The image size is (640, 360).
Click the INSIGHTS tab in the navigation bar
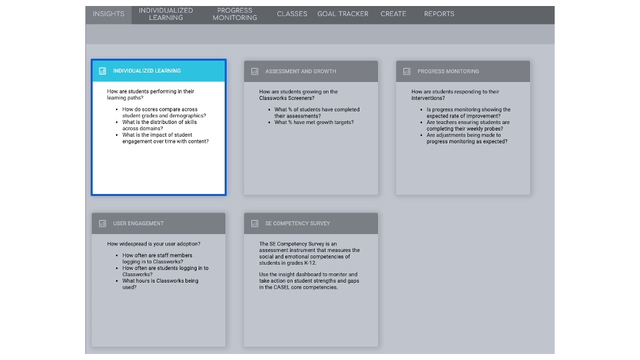(x=108, y=14)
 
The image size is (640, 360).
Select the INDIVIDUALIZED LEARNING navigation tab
(x=166, y=14)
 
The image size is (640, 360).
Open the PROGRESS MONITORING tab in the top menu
(x=235, y=14)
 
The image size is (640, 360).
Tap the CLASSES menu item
(x=292, y=14)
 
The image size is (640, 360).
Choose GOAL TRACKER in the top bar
(x=343, y=14)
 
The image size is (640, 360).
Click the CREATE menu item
(x=393, y=14)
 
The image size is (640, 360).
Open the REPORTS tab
(x=439, y=14)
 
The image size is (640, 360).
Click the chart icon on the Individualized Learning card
(x=103, y=71)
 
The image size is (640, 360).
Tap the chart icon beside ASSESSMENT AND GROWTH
(x=255, y=71)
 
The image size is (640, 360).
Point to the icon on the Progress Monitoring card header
(x=407, y=71)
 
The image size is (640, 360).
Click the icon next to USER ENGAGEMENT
(x=103, y=223)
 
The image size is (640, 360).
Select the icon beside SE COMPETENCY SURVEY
(x=255, y=223)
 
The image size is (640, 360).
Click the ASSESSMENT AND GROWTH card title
(x=301, y=71)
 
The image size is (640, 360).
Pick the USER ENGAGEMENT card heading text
(x=138, y=223)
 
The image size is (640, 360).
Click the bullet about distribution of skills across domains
(x=160, y=125)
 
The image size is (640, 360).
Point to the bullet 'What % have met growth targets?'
(x=314, y=123)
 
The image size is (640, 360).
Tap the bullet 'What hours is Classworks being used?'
(x=160, y=284)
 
